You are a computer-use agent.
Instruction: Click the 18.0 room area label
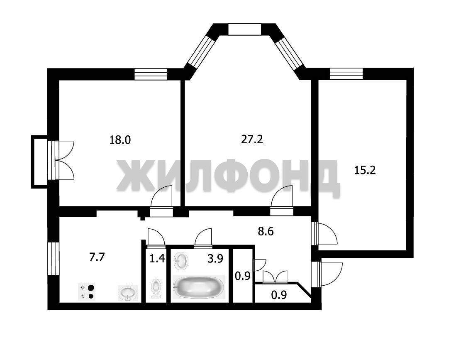pyautogui.click(x=120, y=140)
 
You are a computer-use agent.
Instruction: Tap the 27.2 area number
pyautogui.click(x=252, y=140)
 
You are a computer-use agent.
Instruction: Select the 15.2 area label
pyautogui.click(x=365, y=170)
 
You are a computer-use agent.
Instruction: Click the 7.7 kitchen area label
pyautogui.click(x=97, y=257)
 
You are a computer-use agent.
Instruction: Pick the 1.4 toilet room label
pyautogui.click(x=157, y=258)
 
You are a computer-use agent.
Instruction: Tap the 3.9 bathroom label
pyautogui.click(x=215, y=258)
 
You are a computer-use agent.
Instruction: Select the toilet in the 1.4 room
pyautogui.click(x=156, y=288)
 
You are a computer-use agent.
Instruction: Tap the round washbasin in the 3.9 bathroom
pyautogui.click(x=180, y=261)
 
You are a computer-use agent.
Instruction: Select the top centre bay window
pyautogui.click(x=244, y=29)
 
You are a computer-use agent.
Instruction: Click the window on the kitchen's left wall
pyautogui.click(x=53, y=258)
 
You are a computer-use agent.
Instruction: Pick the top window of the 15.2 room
pyautogui.click(x=346, y=73)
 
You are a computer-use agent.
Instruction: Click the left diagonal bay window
pyautogui.click(x=201, y=51)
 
